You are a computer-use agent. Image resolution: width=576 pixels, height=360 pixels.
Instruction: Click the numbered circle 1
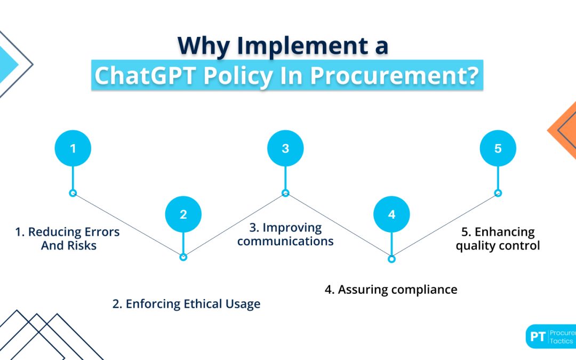73,148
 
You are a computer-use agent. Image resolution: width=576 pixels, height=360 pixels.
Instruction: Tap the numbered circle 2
183,215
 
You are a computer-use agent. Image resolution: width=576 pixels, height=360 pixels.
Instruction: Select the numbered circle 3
285,148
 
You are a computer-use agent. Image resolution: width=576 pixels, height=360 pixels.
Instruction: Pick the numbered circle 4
391,215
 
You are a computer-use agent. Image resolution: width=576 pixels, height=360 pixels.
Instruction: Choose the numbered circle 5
498,148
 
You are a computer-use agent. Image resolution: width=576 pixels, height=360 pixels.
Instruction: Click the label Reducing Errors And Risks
67,238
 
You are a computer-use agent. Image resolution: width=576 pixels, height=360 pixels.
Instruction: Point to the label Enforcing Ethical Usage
186,304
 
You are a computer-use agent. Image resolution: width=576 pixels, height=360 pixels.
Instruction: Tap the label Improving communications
285,234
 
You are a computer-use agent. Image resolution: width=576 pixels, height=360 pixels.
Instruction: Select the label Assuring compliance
391,290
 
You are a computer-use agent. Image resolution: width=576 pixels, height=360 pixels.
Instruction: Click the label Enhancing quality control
498,238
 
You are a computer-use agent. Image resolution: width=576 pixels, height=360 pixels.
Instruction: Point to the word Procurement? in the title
394,75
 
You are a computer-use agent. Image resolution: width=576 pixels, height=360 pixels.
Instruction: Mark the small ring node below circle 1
73,193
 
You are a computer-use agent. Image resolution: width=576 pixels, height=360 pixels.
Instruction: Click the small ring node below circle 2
183,257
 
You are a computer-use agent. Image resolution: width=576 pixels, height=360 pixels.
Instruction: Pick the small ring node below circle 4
391,259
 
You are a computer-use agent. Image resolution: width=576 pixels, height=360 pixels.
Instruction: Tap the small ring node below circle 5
498,193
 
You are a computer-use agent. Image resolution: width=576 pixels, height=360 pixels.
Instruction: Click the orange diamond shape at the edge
564,129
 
